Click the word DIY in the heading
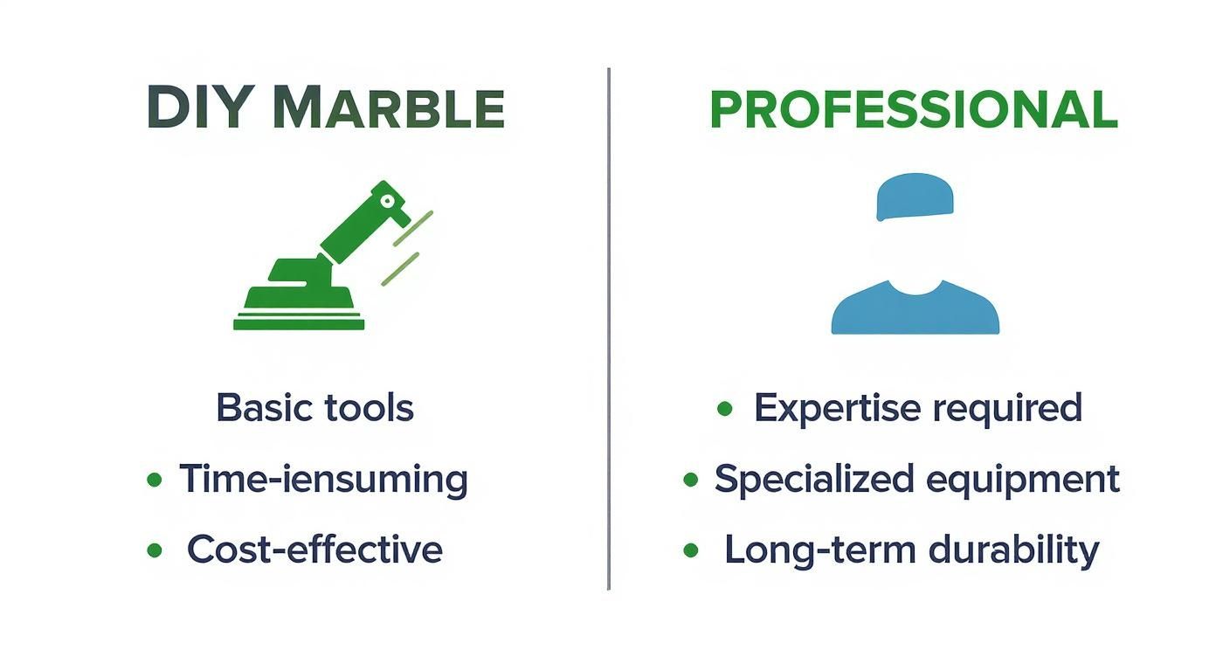[x=202, y=110]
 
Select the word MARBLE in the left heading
[x=389, y=110]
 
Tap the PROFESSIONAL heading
[x=913, y=110]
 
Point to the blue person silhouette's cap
[x=915, y=196]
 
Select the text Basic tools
[x=315, y=408]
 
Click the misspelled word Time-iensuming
[x=323, y=480]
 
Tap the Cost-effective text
[x=314, y=550]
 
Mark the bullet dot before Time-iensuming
[x=155, y=480]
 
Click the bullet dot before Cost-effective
[x=155, y=550]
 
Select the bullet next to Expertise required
[x=724, y=408]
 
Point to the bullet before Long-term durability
[x=691, y=550]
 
